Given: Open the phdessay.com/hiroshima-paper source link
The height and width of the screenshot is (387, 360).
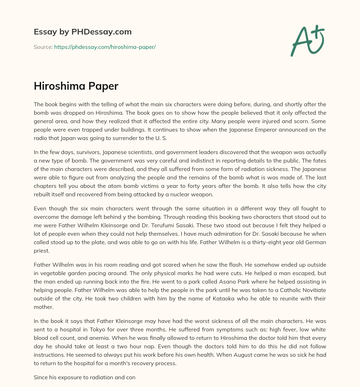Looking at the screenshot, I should (105, 47).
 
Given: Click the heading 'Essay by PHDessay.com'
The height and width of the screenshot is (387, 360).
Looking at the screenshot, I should (83, 32).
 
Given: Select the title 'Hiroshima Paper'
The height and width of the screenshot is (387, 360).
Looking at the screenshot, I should (76, 86).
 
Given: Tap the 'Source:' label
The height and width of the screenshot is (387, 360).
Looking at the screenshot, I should (43, 47).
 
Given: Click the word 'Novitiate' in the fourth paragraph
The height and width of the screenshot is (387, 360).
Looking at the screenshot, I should (313, 290).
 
